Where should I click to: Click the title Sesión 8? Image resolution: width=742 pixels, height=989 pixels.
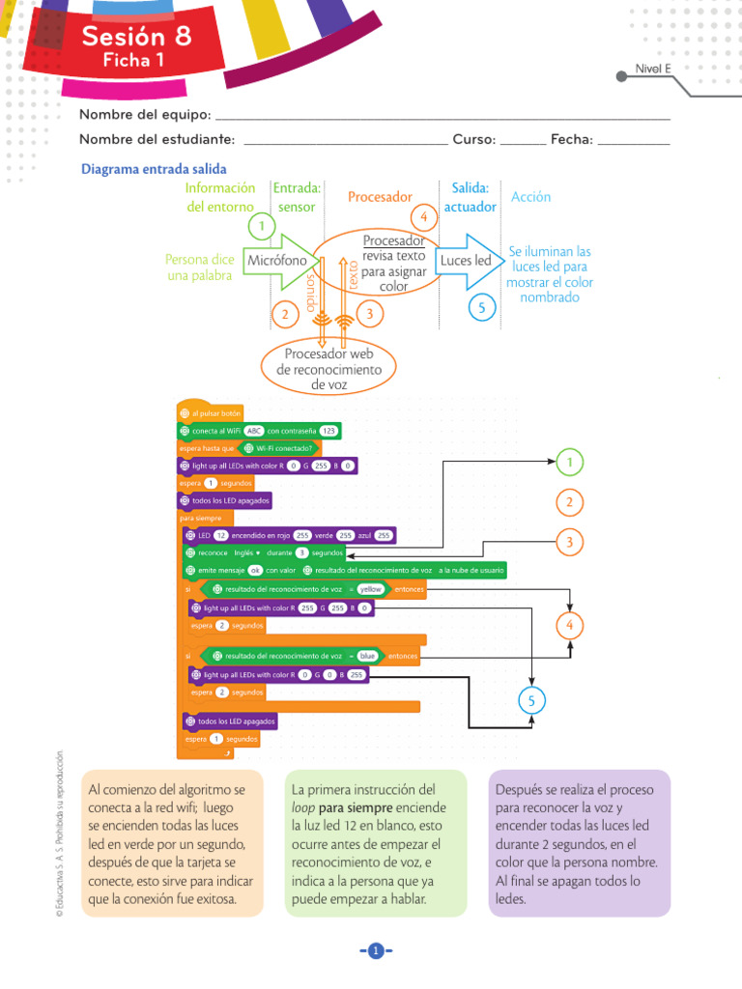tap(136, 37)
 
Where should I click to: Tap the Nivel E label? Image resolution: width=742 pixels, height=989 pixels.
tap(653, 68)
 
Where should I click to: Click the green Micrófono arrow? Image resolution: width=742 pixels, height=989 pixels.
tap(277, 261)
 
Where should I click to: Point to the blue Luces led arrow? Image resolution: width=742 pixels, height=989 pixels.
tap(466, 261)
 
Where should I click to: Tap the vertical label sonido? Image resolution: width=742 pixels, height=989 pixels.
tap(311, 290)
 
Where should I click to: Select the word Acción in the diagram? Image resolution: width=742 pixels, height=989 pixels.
tap(530, 197)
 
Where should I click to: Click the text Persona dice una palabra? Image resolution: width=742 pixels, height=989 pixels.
tap(200, 268)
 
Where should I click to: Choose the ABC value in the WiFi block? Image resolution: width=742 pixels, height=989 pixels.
tap(254, 431)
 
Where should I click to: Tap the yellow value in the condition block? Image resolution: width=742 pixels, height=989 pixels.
tap(370, 588)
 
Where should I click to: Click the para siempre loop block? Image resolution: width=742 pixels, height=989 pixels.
tap(200, 518)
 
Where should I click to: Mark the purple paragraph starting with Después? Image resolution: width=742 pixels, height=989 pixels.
tap(578, 842)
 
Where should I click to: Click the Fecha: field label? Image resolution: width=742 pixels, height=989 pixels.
tap(571, 139)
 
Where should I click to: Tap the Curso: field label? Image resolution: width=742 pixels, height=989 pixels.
tap(473, 139)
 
